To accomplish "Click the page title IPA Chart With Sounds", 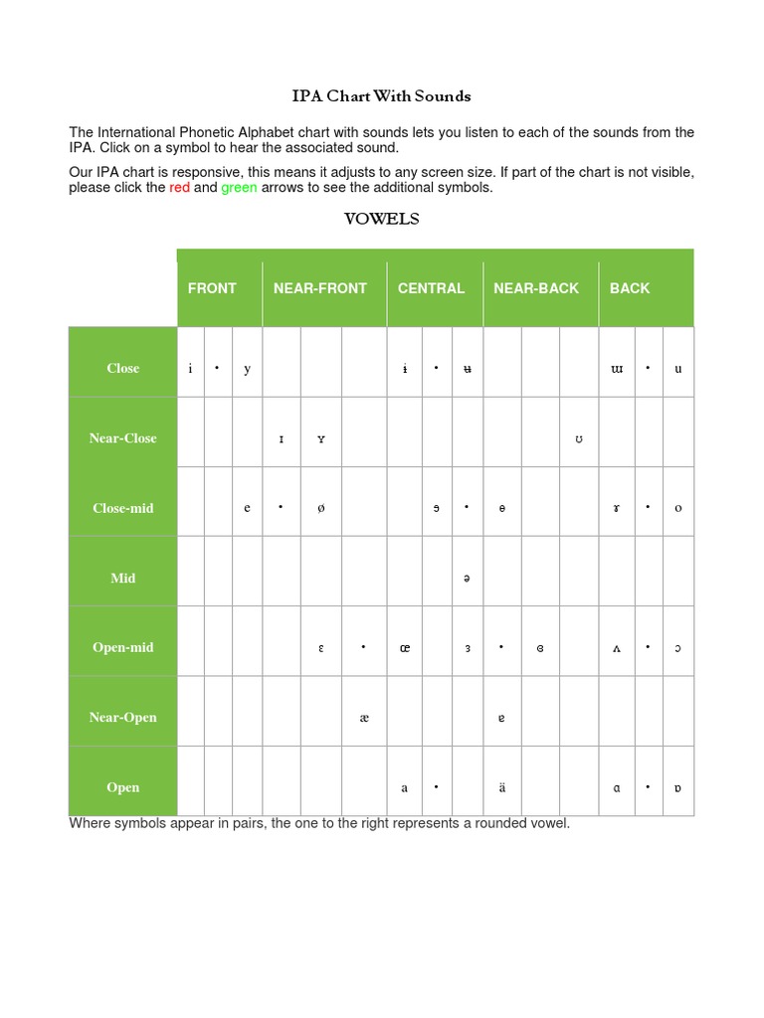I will coord(381,96).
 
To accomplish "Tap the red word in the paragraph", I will coord(179,188).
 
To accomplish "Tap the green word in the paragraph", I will coord(239,188).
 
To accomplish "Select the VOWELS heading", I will coord(381,220).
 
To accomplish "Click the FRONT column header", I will coord(212,288).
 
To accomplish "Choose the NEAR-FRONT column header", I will coord(320,288).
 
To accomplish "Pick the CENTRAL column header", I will coord(431,288).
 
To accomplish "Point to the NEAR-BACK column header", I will coord(536,288).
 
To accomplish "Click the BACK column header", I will coord(630,288).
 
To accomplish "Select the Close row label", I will coord(123,368).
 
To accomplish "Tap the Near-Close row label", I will coord(123,438).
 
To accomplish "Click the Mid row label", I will coord(123,578).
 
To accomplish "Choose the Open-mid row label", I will coord(123,647).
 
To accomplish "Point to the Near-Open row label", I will coord(123,718).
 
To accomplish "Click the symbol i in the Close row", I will coord(190,369).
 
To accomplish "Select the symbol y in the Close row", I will coord(248,369).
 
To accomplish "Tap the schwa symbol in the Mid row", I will coord(466,579).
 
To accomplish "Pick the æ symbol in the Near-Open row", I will coord(363,718).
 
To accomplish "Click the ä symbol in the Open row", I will coord(501,788).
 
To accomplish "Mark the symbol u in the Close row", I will coord(678,369).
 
